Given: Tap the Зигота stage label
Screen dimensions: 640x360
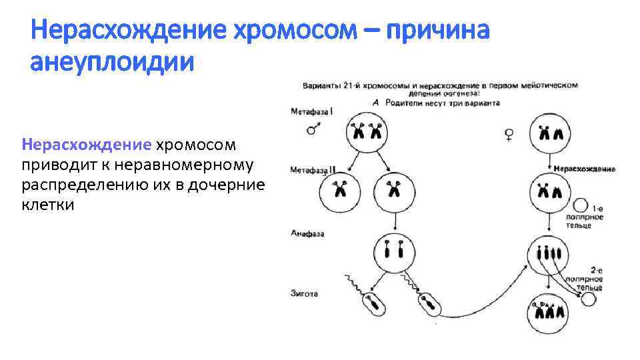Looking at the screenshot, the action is (305, 293).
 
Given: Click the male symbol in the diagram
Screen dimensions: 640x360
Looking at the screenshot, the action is (312, 129).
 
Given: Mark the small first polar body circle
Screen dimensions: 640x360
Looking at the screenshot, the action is (580, 205).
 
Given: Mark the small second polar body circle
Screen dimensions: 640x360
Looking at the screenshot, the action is (588, 299).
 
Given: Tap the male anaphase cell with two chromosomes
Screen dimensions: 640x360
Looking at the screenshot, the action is (393, 252).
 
